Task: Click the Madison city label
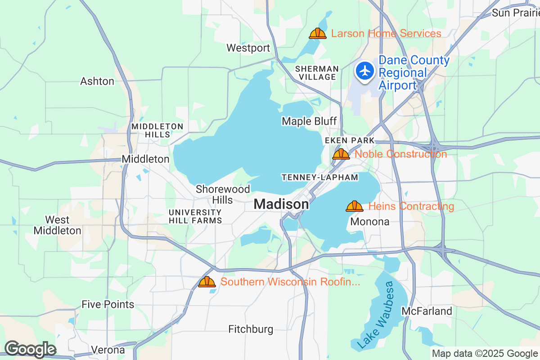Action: pyautogui.click(x=281, y=204)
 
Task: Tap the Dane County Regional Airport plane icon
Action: pyautogui.click(x=365, y=71)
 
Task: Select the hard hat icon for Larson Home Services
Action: pyautogui.click(x=318, y=33)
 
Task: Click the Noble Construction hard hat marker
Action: pyautogui.click(x=341, y=154)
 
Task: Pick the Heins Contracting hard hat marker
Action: pyautogui.click(x=355, y=206)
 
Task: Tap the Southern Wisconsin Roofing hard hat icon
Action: pyautogui.click(x=207, y=282)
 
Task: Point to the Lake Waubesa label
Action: pyautogui.click(x=377, y=315)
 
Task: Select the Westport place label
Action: pyautogui.click(x=248, y=48)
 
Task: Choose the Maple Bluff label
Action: pyautogui.click(x=309, y=121)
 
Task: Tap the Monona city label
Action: pyautogui.click(x=369, y=222)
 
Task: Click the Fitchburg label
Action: pyautogui.click(x=251, y=329)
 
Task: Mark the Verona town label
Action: pyautogui.click(x=108, y=350)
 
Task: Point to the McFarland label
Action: pyautogui.click(x=427, y=311)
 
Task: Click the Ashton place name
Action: pyautogui.click(x=97, y=81)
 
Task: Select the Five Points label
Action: pyautogui.click(x=108, y=305)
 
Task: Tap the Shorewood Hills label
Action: pyautogui.click(x=223, y=194)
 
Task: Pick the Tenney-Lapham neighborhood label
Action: pyautogui.click(x=320, y=177)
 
